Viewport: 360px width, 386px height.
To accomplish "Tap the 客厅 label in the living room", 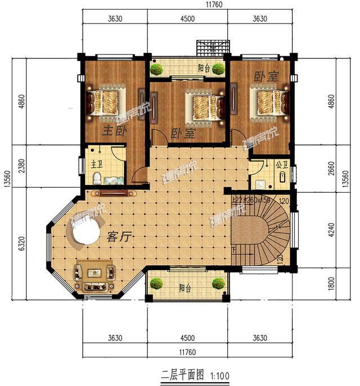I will (119, 237).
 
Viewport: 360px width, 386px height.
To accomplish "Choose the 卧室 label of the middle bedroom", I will (182, 134).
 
